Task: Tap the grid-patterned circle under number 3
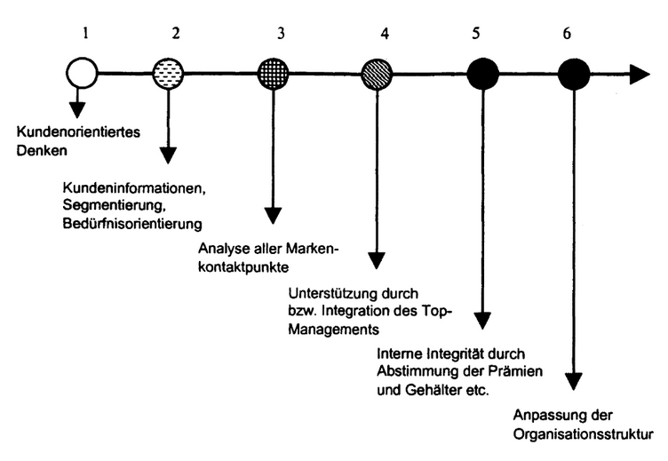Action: click(x=274, y=74)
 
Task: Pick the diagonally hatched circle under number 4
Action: click(x=378, y=74)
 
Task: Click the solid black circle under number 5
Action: click(x=482, y=74)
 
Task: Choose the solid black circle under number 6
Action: click(x=575, y=74)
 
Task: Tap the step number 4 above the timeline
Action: click(x=385, y=35)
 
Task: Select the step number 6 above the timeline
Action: click(x=567, y=35)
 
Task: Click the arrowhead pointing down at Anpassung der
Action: click(x=575, y=381)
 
